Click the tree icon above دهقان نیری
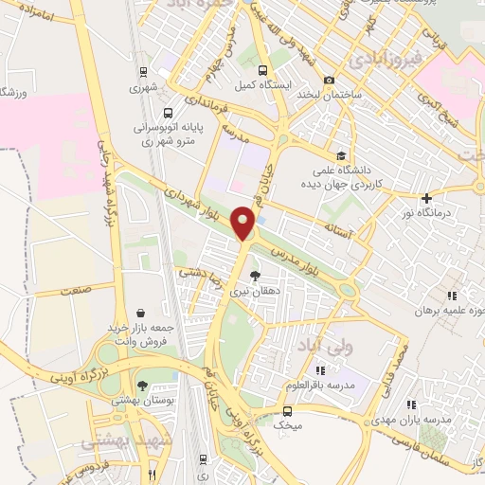coord(253,276)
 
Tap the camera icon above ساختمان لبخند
coord(329,80)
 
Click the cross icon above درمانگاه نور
coord(427,199)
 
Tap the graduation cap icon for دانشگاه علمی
coord(340,157)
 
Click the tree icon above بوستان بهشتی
coord(142,386)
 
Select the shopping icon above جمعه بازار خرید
coord(141,313)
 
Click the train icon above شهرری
coord(143,72)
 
